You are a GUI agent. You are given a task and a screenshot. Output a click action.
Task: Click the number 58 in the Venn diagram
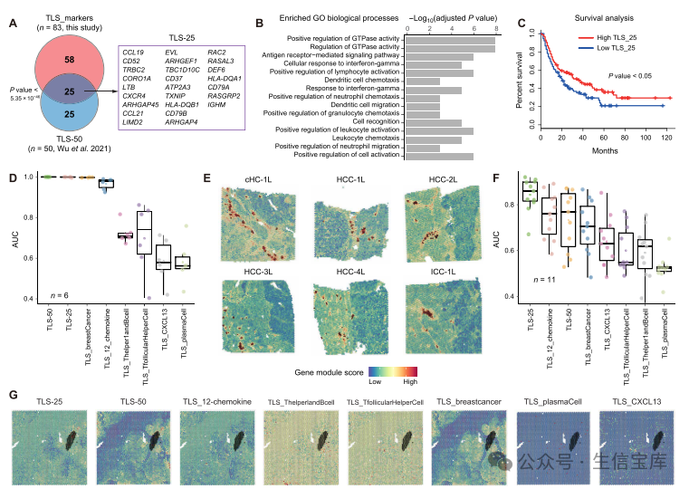(69, 59)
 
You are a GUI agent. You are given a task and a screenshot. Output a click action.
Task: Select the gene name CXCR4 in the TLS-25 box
(136, 93)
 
